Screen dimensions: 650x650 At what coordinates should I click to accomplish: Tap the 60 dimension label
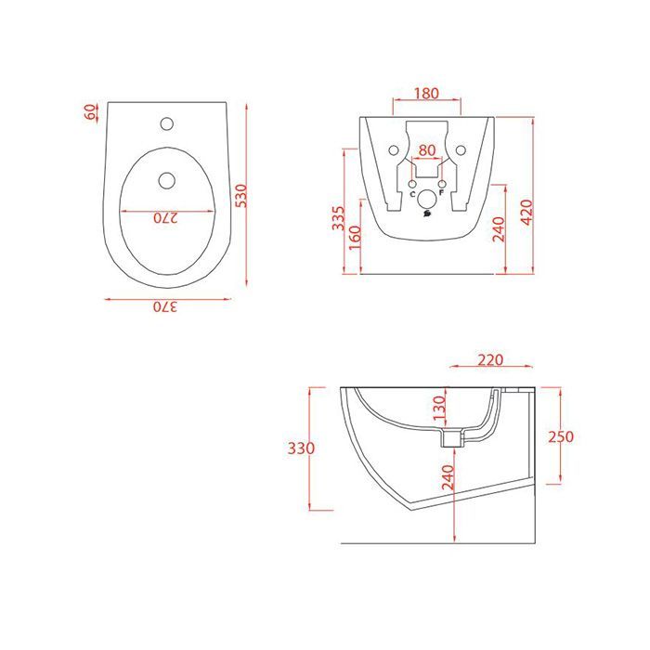click(90, 112)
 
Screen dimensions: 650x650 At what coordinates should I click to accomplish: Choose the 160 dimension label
click(354, 244)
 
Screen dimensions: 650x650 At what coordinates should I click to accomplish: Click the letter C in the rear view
click(412, 194)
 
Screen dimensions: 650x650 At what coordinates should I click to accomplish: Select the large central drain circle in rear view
click(426, 199)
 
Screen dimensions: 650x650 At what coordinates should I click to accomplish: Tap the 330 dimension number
click(301, 448)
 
